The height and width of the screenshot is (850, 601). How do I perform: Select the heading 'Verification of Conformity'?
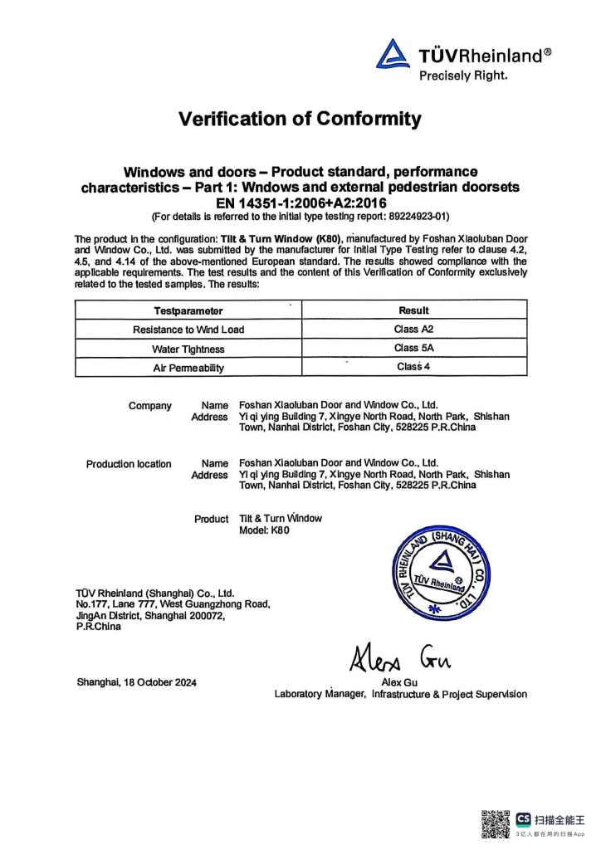pyautogui.click(x=300, y=119)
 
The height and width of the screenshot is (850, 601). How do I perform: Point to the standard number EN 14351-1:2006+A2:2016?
pyautogui.click(x=300, y=203)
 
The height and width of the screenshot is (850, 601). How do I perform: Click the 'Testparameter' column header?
pyautogui.click(x=188, y=311)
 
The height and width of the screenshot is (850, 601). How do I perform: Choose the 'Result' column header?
pyautogui.click(x=413, y=310)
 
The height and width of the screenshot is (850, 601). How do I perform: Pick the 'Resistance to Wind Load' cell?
pyautogui.click(x=188, y=330)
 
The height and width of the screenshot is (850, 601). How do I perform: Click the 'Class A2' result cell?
pyautogui.click(x=413, y=329)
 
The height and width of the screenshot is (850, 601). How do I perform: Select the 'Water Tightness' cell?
pyautogui.click(x=188, y=349)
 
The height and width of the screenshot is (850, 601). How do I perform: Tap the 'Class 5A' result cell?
pyautogui.click(x=413, y=348)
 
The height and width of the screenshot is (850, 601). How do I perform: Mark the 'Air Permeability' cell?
pyautogui.click(x=188, y=368)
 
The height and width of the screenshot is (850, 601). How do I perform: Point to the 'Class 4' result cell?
pyautogui.click(x=413, y=366)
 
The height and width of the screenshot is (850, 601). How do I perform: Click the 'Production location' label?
pyautogui.click(x=129, y=464)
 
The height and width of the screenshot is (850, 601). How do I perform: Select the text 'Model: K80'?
pyautogui.click(x=264, y=531)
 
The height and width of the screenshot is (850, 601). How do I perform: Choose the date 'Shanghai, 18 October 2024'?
pyautogui.click(x=137, y=682)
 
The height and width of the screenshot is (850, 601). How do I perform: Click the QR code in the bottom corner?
pyautogui.click(x=496, y=823)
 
